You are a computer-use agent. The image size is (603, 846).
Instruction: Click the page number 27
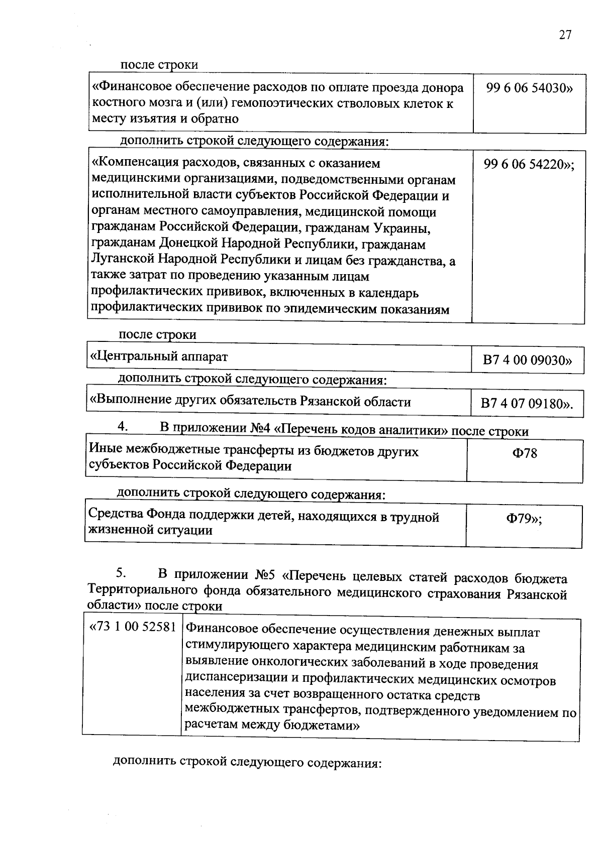(x=564, y=35)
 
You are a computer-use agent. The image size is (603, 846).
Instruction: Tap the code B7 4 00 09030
(x=527, y=360)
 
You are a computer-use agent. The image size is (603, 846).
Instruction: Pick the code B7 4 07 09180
(x=527, y=404)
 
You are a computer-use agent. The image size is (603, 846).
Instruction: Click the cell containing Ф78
(x=524, y=453)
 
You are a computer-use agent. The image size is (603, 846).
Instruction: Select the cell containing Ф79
(x=524, y=519)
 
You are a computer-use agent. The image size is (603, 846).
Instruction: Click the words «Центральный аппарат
(x=158, y=357)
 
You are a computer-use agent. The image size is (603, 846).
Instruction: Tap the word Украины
(x=401, y=228)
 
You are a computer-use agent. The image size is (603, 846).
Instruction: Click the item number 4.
(x=123, y=427)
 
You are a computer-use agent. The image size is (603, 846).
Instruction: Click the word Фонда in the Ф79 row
(x=163, y=516)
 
